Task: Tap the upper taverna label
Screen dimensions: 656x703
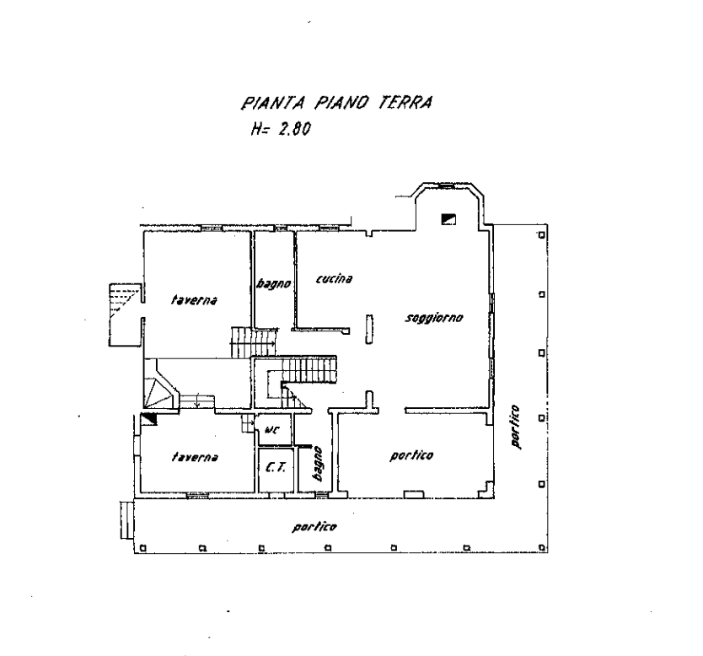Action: click(x=196, y=299)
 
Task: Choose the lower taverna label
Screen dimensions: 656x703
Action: click(x=196, y=458)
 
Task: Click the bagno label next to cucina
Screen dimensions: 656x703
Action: click(x=273, y=284)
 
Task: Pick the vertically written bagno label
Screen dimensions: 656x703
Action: click(x=318, y=463)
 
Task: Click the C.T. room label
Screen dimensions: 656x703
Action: click(x=273, y=467)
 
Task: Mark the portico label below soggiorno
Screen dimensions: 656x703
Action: click(x=412, y=456)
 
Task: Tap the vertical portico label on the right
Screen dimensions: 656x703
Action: click(x=515, y=428)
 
